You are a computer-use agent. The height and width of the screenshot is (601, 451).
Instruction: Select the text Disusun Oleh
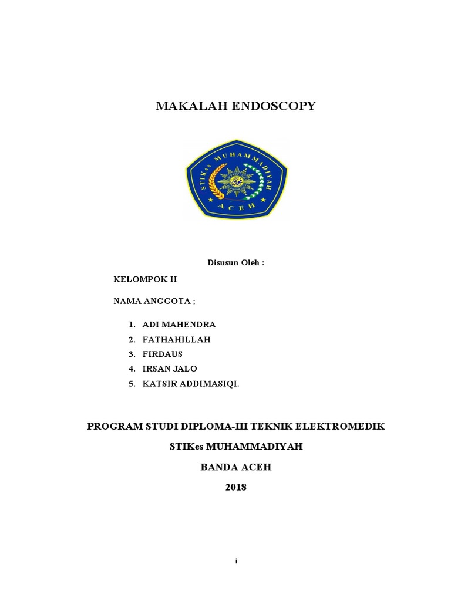235,262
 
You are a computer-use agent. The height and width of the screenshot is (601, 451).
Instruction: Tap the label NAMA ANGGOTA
154,301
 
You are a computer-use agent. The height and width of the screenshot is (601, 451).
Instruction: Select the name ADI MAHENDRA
179,325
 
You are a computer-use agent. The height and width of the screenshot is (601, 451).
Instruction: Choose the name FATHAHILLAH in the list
177,339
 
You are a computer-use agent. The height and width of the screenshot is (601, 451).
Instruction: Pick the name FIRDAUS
163,354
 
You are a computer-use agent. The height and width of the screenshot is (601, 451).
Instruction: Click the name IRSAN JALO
170,369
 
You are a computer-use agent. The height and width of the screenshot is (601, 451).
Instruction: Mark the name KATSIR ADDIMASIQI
191,383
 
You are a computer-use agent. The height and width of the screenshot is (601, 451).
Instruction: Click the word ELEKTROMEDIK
342,426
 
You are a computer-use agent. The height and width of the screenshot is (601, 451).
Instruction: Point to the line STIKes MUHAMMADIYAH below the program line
235,447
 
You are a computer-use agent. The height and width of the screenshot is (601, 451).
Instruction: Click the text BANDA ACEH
236,467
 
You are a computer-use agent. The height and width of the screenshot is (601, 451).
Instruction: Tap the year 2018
236,487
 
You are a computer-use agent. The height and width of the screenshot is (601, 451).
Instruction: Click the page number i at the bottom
236,562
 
